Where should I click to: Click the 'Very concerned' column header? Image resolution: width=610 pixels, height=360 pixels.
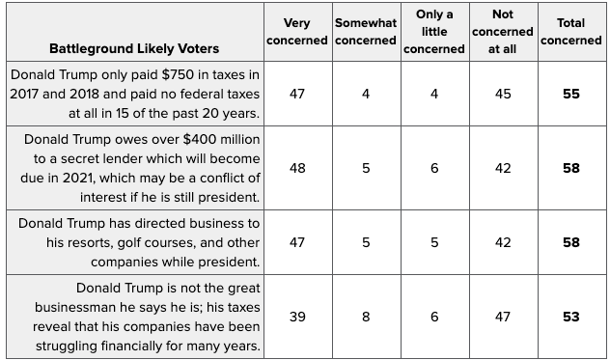297,32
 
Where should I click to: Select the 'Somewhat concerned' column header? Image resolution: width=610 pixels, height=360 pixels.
366,32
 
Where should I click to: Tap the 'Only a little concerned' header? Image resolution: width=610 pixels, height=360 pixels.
434,32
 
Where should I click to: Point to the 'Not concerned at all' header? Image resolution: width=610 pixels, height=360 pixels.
503,32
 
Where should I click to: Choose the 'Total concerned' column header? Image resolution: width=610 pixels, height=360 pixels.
571,32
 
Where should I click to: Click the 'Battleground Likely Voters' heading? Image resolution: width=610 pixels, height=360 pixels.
134,48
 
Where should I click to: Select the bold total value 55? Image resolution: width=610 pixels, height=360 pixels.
571,94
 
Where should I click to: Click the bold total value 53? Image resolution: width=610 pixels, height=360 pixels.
571,317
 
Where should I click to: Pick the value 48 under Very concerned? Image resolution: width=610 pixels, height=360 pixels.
297,168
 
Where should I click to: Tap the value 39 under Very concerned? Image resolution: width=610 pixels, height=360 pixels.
297,317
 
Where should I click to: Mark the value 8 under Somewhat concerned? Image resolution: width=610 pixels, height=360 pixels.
366,317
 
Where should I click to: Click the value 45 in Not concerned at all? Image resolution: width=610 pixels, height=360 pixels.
503,94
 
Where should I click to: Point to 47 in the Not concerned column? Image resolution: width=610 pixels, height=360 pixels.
503,317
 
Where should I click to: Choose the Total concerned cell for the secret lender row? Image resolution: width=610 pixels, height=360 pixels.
571,168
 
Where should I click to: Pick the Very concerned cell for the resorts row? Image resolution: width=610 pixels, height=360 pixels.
297,242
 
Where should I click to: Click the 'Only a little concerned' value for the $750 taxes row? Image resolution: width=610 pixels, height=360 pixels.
434,94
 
